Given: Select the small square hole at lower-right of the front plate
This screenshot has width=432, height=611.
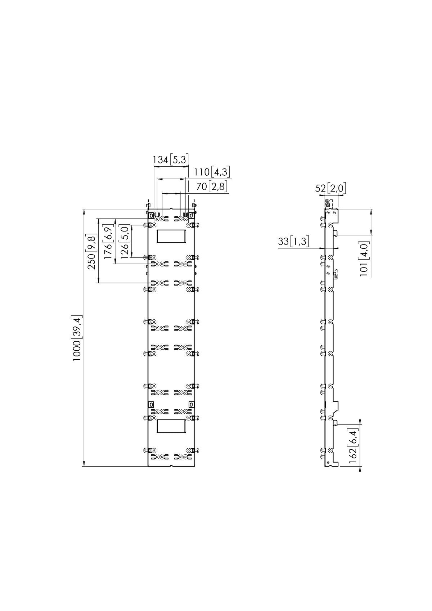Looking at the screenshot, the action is (x=192, y=404).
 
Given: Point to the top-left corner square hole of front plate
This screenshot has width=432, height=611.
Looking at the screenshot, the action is (x=151, y=215).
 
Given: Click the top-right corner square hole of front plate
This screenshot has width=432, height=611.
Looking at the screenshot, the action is (x=192, y=215).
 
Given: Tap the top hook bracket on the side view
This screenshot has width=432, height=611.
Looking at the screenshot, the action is (x=332, y=215).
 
